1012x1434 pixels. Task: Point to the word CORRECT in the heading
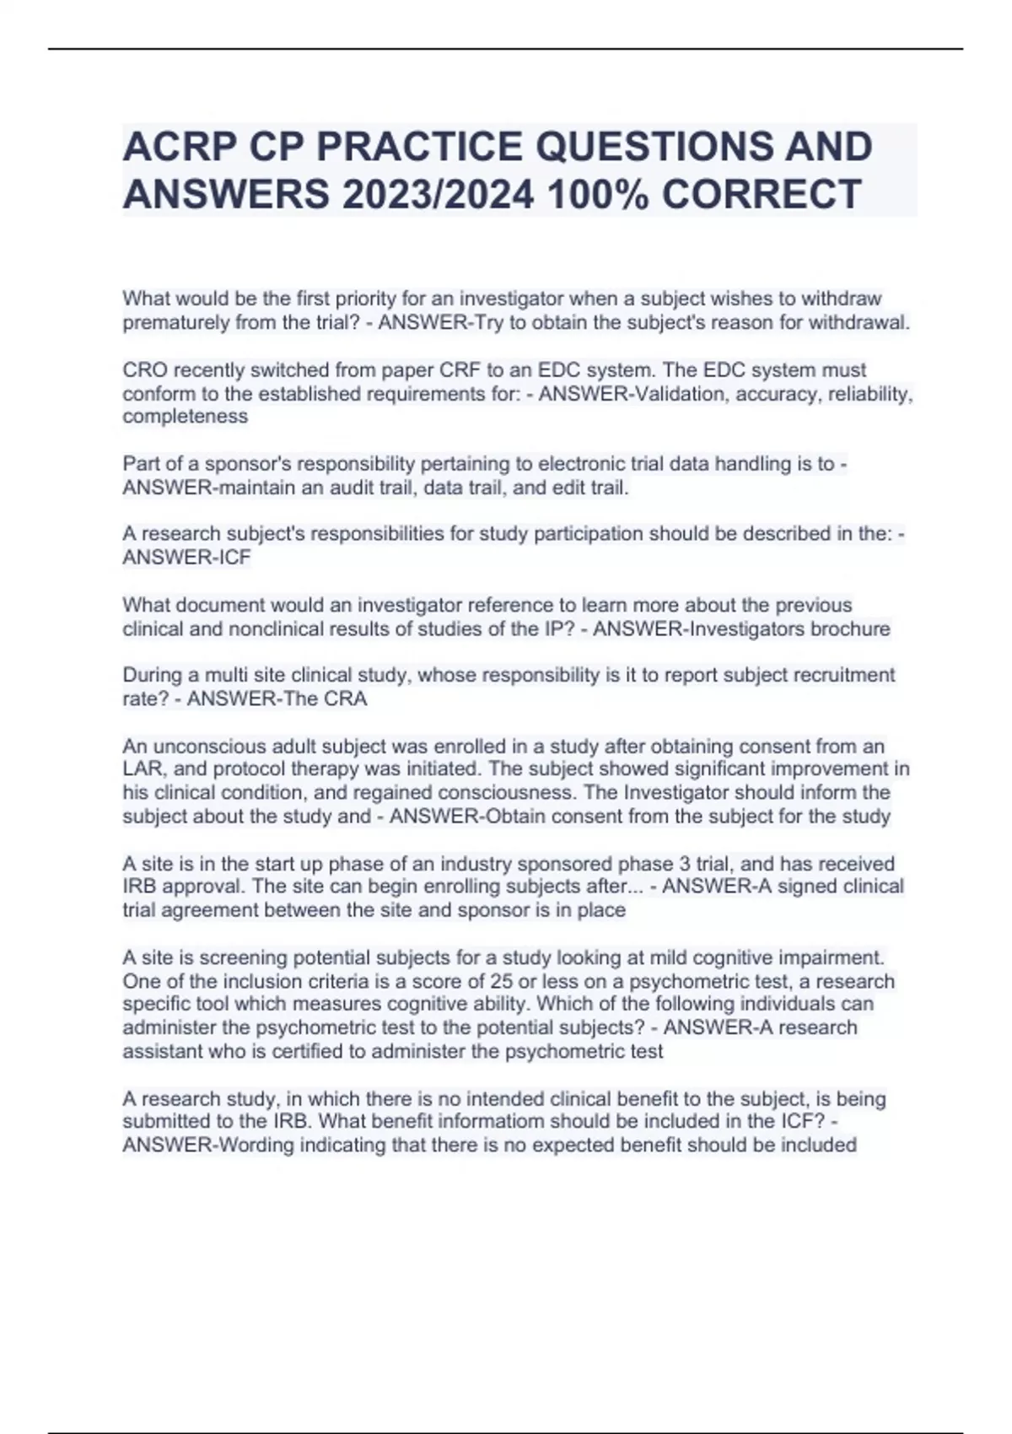tap(762, 195)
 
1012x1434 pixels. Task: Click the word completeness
tap(186, 416)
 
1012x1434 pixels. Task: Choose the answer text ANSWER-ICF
tap(186, 558)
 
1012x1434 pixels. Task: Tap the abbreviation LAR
tap(142, 768)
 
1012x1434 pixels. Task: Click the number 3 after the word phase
tap(684, 864)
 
